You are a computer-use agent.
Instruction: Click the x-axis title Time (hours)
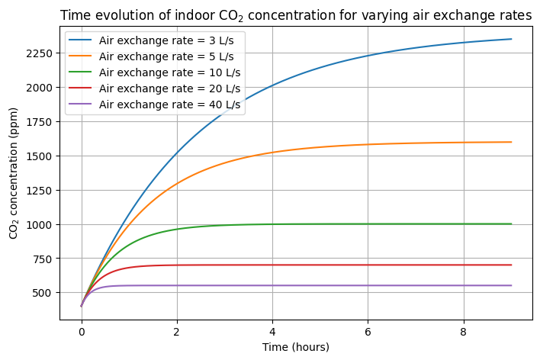coord(296,347)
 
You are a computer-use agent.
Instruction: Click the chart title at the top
coord(296,16)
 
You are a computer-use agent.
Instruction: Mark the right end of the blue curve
coord(511,39)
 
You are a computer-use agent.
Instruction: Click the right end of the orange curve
coord(511,142)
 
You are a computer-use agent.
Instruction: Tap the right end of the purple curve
coord(511,285)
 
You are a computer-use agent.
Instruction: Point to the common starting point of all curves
coord(82,306)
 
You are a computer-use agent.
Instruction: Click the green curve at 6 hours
coord(368,223)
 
